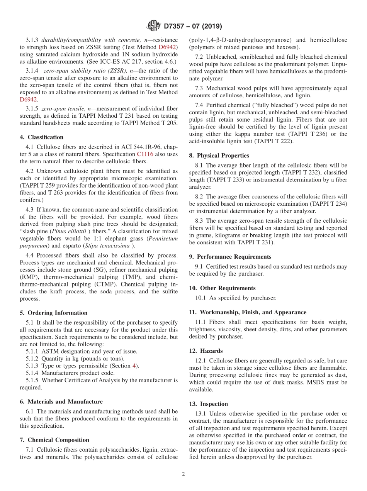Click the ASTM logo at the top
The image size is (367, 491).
pos(153,26)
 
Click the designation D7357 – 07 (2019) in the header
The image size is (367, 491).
pos(193,26)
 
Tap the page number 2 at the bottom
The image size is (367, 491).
pos(183,474)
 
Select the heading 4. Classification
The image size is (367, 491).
pos(42,137)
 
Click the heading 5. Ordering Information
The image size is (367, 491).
pos(54,313)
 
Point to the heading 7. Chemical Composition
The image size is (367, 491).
pos(54,440)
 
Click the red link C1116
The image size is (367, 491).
pos(145,154)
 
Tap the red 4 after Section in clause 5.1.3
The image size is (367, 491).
pos(134,366)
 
